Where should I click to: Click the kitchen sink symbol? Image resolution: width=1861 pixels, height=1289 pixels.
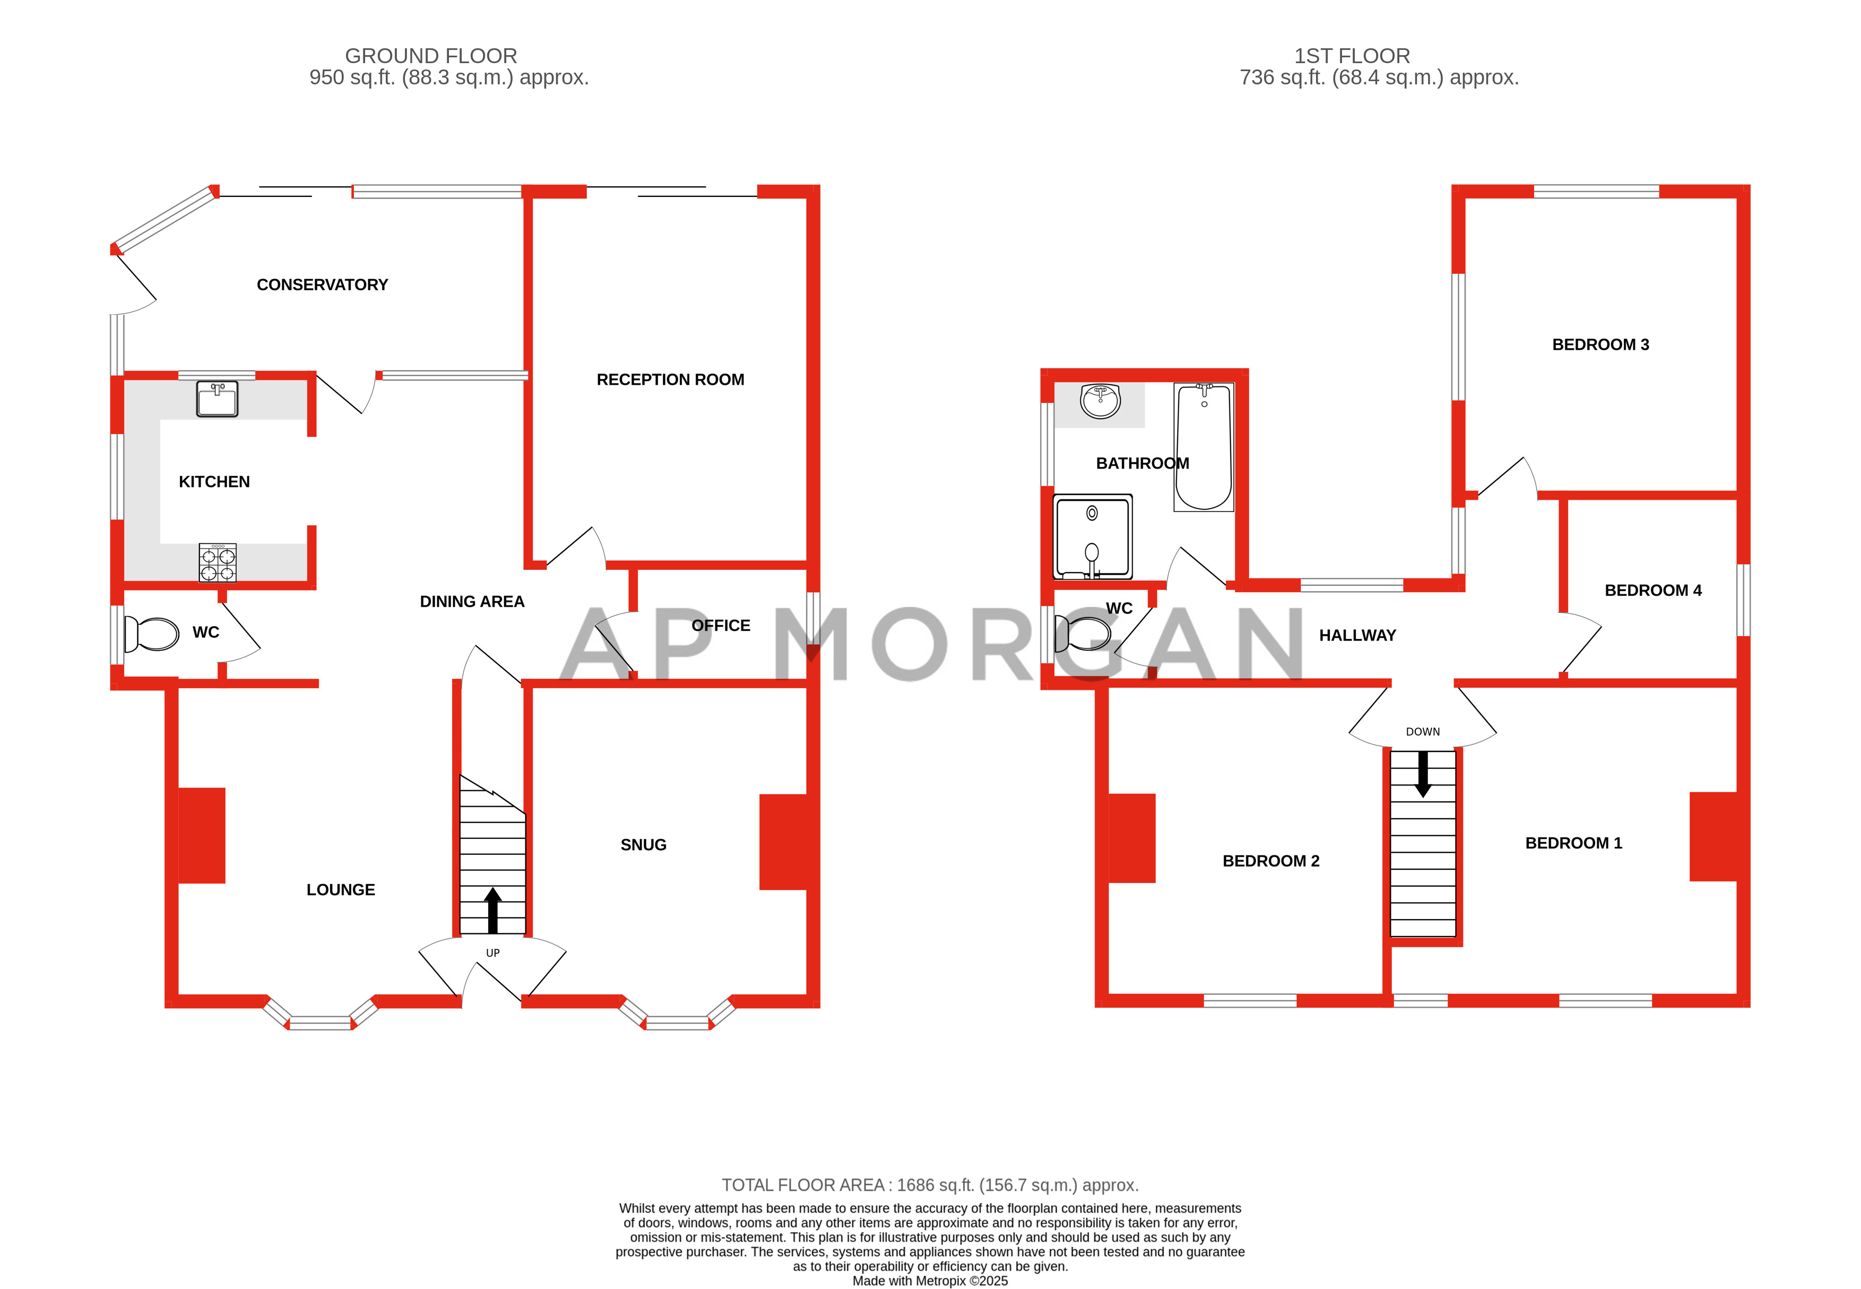pyautogui.click(x=217, y=399)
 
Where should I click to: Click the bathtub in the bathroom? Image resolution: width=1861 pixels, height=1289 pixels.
pyautogui.click(x=1203, y=447)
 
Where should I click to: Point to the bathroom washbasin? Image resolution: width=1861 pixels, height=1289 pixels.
pyautogui.click(x=1100, y=401)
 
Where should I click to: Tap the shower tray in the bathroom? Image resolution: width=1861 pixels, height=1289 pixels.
pyautogui.click(x=1093, y=537)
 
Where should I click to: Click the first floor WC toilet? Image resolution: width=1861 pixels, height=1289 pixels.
pyautogui.click(x=1083, y=635)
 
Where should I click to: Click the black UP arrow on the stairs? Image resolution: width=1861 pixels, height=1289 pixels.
pyautogui.click(x=492, y=910)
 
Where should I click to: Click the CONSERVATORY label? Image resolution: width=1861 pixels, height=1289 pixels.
pyautogui.click(x=322, y=285)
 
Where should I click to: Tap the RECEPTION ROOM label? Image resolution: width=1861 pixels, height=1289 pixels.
pyautogui.click(x=670, y=379)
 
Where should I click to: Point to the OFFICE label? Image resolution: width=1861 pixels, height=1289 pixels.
pyautogui.click(x=720, y=626)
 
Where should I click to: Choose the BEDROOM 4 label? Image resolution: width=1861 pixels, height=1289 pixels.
pyautogui.click(x=1652, y=591)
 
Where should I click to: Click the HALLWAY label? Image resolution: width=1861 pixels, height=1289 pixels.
pyautogui.click(x=1357, y=636)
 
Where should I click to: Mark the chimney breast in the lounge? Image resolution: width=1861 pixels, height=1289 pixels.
pyautogui.click(x=201, y=835)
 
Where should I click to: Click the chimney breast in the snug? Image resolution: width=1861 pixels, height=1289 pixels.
pyautogui.click(x=783, y=842)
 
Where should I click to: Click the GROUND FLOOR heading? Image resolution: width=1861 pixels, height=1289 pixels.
pyautogui.click(x=430, y=56)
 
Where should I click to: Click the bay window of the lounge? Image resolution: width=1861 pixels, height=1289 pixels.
pyautogui.click(x=321, y=1023)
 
